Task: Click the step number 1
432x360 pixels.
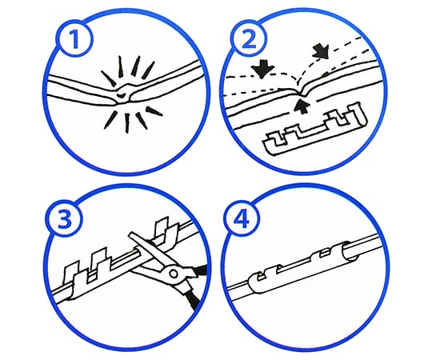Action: pos(74,40)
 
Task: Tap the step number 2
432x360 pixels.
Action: pos(249,39)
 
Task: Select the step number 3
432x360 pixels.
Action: pos(65,221)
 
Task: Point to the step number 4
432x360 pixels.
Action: pos(241,219)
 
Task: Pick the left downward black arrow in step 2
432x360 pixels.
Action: pos(262,69)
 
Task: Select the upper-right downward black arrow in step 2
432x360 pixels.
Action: pos(321,51)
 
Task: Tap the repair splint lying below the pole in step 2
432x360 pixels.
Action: pos(315,129)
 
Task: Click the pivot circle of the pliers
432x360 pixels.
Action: pos(174,274)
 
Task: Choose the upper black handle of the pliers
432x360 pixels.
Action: pos(199,271)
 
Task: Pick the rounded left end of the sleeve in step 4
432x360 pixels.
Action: pos(256,283)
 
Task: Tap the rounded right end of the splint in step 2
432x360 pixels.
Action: pos(362,114)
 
